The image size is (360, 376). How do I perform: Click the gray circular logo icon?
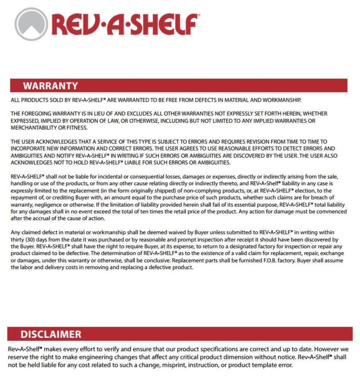pyautogui.click(x=31, y=24)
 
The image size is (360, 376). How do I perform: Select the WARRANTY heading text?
pyautogui.click(x=50, y=86)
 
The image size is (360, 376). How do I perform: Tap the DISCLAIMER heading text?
pyautogui.click(x=51, y=334)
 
